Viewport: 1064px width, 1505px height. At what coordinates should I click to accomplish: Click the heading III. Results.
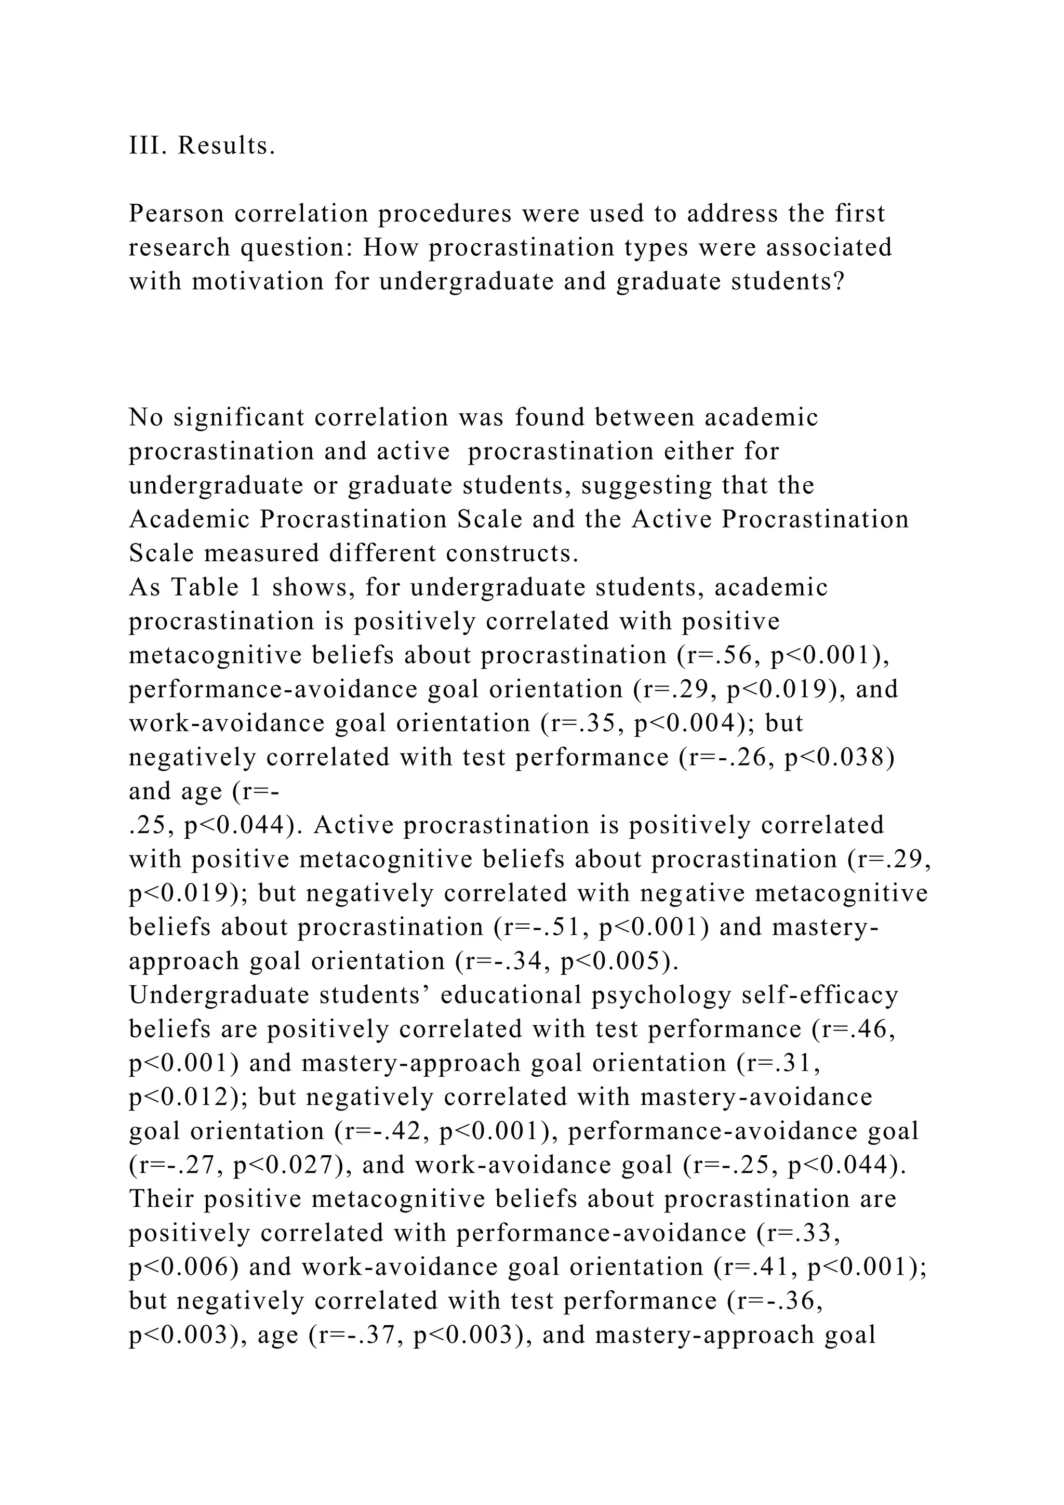pos(202,146)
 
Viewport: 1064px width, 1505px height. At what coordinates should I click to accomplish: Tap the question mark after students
pos(838,282)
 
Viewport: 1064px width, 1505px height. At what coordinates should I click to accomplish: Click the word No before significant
pos(145,417)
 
